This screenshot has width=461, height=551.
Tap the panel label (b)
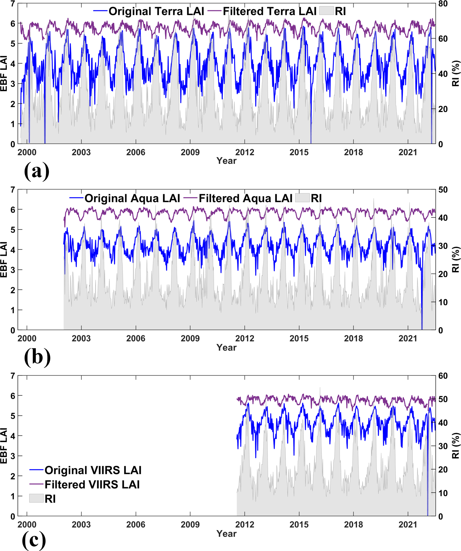pos(37,357)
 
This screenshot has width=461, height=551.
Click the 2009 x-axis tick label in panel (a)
pos(190,152)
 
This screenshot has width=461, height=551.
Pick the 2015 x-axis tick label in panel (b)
pos(299,339)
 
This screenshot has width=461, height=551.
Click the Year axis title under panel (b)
pos(226,347)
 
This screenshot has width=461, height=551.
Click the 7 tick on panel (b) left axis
pos(13,190)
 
